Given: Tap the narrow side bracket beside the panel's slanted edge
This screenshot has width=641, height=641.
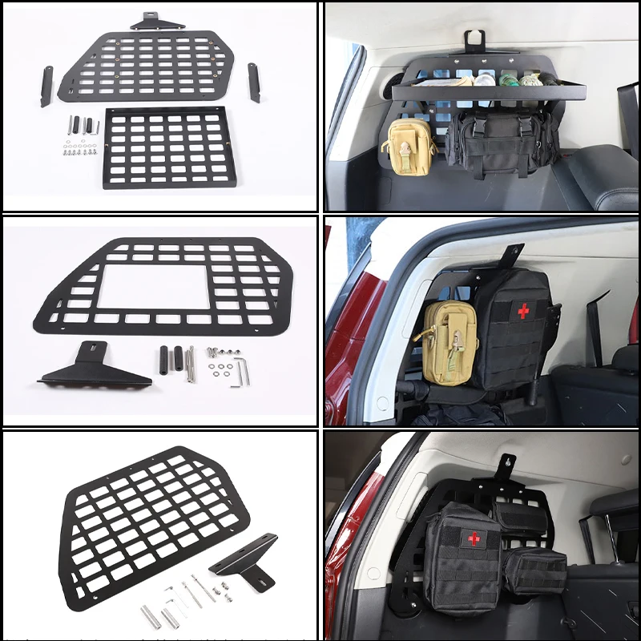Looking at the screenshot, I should [46, 86].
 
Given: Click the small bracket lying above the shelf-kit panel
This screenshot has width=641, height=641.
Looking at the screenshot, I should [159, 22].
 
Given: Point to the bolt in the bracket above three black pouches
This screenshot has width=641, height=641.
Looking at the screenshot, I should [506, 462].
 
